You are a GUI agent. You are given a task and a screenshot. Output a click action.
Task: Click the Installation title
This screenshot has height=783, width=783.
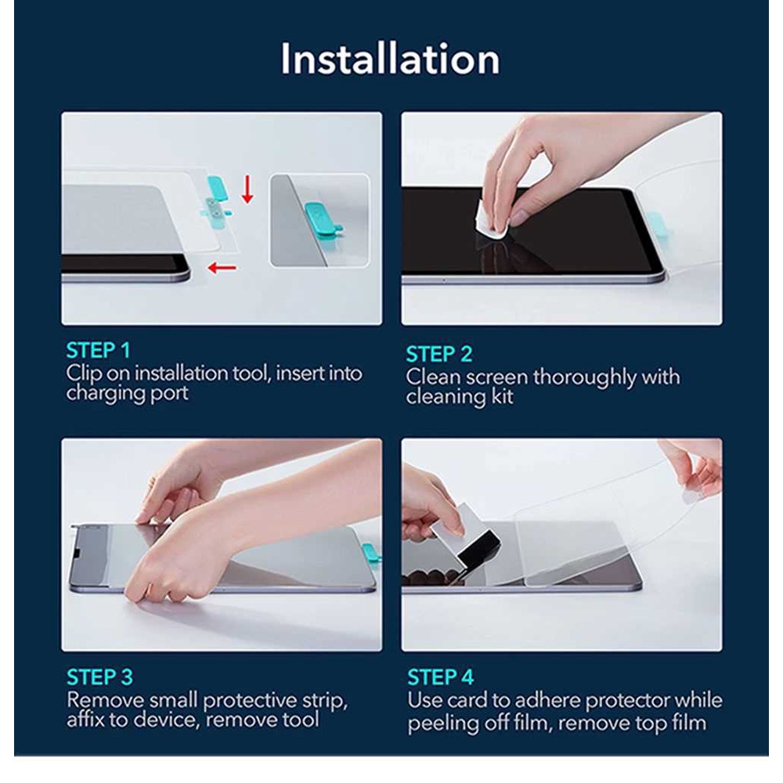coord(390,59)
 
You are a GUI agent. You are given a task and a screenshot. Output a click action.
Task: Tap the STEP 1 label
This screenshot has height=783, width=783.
coord(99,351)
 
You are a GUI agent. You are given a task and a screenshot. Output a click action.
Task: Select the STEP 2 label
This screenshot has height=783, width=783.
coord(439,354)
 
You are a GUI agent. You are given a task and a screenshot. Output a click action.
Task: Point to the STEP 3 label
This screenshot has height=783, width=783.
coord(100,677)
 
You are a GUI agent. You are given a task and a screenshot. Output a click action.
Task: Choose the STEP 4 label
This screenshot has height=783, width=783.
coord(440,677)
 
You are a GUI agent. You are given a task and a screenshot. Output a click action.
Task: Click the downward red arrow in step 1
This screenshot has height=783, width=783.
coord(247,190)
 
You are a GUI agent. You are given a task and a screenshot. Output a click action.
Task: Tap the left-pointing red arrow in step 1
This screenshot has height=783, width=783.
coord(222,268)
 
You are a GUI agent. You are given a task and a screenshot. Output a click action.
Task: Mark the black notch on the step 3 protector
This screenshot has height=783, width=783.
coord(77,551)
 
